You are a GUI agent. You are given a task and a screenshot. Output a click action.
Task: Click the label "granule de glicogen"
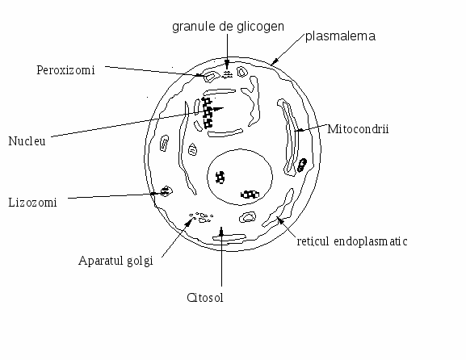(x=228, y=27)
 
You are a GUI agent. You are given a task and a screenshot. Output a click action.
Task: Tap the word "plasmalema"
(x=340, y=36)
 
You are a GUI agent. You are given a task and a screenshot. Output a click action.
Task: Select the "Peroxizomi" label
(x=65, y=70)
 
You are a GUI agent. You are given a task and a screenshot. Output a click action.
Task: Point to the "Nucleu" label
(x=27, y=141)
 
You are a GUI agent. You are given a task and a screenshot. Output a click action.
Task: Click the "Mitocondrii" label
(x=358, y=129)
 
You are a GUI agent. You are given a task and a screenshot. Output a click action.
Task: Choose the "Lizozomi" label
(x=32, y=203)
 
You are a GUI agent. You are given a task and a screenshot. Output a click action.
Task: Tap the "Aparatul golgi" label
(x=115, y=261)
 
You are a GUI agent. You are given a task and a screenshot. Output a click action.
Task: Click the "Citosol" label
(x=205, y=298)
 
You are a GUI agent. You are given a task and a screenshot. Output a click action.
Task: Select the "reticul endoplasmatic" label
(x=352, y=241)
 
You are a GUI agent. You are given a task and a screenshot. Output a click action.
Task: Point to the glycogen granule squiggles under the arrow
(x=228, y=74)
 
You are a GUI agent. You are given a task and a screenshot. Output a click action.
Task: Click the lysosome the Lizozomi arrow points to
(x=166, y=191)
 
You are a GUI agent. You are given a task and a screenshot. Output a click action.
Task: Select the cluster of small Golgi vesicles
(x=201, y=217)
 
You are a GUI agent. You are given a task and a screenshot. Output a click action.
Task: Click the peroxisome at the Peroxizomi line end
(x=210, y=77)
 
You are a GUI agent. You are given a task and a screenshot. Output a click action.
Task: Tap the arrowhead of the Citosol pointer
(x=221, y=231)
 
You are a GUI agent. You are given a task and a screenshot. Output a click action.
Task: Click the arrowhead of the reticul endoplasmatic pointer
(x=279, y=220)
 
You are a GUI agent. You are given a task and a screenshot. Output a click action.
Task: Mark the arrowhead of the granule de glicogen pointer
(x=228, y=65)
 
